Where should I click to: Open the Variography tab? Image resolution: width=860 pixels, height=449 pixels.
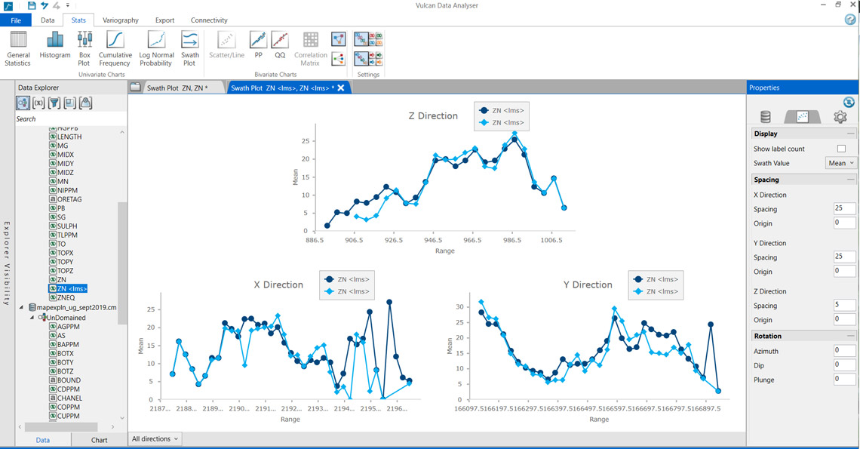pos(121,20)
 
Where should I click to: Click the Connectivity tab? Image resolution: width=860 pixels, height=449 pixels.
pos(209,20)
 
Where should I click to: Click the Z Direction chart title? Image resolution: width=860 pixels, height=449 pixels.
pos(433,116)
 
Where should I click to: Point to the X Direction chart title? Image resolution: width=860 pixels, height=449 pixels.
pos(278,285)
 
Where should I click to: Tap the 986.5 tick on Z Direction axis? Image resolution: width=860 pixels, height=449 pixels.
pos(512,241)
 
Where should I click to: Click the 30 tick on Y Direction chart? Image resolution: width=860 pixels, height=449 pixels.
pos(461,306)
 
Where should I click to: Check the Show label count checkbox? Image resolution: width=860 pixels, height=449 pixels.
pos(841,149)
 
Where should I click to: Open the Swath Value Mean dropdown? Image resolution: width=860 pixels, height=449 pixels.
pos(842,163)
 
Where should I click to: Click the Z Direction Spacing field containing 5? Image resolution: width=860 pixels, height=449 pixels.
pos(844,306)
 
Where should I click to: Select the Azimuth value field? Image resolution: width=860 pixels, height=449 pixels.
pos(844,351)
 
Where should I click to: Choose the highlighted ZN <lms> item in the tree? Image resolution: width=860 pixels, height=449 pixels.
pos(72,288)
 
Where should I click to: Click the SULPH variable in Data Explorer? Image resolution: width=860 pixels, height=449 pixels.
pos(67,226)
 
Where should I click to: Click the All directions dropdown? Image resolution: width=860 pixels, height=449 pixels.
pos(155,438)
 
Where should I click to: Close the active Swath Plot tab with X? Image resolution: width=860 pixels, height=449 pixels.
pos(341,88)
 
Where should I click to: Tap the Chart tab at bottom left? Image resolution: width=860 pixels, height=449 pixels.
pos(99,440)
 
